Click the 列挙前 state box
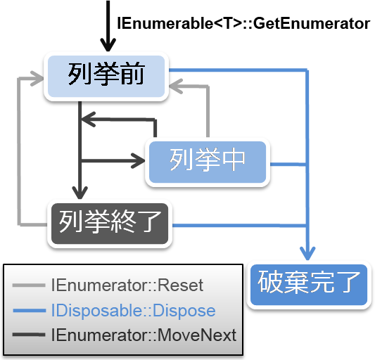point(106,77)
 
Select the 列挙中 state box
point(208,162)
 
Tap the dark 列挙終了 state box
point(110,224)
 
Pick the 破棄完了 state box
point(309,285)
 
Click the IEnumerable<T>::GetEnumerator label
point(243,23)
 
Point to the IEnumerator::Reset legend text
point(127,285)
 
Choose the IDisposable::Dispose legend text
point(134,311)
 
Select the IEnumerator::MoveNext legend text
point(144,335)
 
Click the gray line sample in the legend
point(29,285)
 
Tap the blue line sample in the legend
point(29,311)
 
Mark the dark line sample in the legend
point(29,335)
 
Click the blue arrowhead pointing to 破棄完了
point(307,253)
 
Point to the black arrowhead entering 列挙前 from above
point(108,45)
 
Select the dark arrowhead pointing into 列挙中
point(138,160)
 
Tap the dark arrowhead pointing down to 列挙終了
point(80,193)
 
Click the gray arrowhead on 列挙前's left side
point(37,78)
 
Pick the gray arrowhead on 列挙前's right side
point(176,86)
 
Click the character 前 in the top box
point(132,74)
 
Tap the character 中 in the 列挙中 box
point(234,160)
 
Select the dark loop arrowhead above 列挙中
point(89,119)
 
